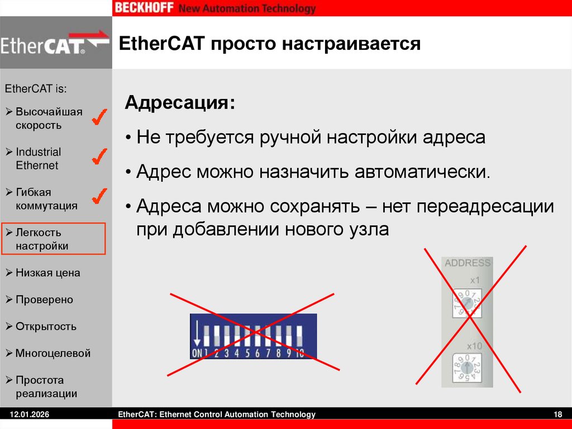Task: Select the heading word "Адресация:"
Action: pos(180,103)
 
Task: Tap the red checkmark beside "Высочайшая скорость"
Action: pos(99,117)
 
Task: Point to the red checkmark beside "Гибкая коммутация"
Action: pos(99,196)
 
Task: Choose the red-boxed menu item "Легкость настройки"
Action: pos(53,239)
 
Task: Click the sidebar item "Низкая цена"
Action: pos(47,273)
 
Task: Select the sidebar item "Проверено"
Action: pos(44,300)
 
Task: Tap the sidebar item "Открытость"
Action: pos(46,327)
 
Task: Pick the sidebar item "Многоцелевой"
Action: pos(53,353)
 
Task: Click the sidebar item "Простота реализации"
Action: pos(46,386)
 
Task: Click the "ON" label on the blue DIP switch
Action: pos(197,353)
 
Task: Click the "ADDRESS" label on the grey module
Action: pos(468,263)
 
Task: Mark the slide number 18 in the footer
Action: pos(557,414)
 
